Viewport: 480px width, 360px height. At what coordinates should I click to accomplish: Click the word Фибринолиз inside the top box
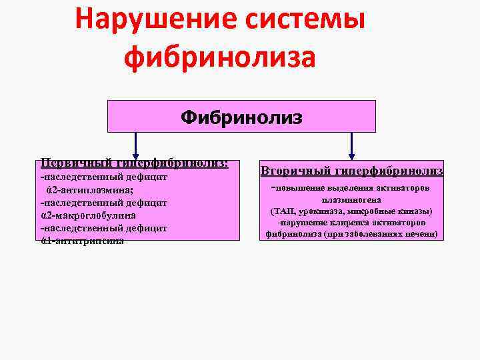(241, 117)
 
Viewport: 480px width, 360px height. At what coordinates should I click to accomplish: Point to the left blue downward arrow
(137, 145)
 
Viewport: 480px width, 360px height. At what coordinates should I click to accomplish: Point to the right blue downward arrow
(351, 145)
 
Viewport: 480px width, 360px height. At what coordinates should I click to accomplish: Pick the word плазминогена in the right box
(351, 199)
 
